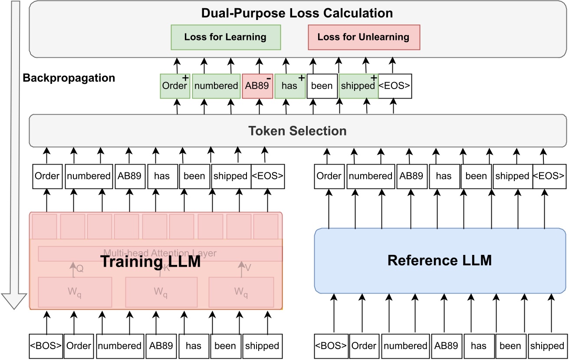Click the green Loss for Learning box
pos(226,37)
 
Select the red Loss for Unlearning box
pos(364,37)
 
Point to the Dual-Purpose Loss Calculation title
pos(297,13)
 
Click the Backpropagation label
pos(69,78)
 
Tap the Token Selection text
pos(297,130)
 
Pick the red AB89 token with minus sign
pos(257,86)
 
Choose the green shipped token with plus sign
pos(358,86)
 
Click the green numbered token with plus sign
pos(216,86)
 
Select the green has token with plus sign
pos(289,86)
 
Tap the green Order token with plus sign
pos(175,86)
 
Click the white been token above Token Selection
pos(322,86)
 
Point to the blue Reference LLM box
pos(440,261)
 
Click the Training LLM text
pos(151,262)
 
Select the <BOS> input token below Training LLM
pos(46,346)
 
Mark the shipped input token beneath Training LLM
pos(262,346)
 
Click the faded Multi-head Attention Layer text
pos(160,253)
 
